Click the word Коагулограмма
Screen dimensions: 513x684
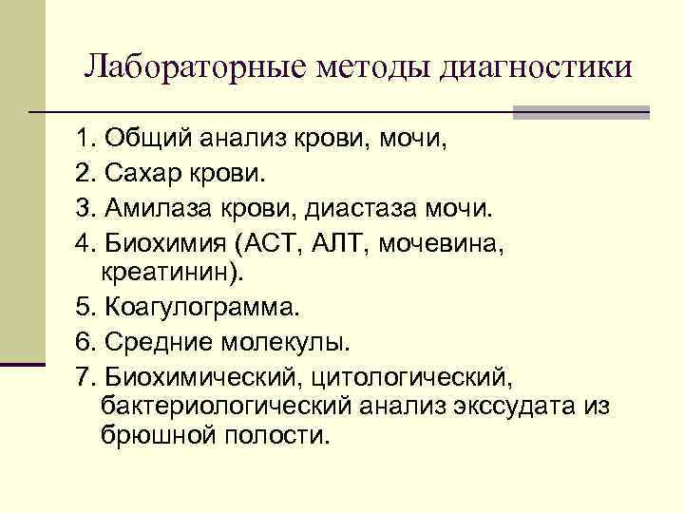[201, 306]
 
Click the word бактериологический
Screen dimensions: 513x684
[225, 405]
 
